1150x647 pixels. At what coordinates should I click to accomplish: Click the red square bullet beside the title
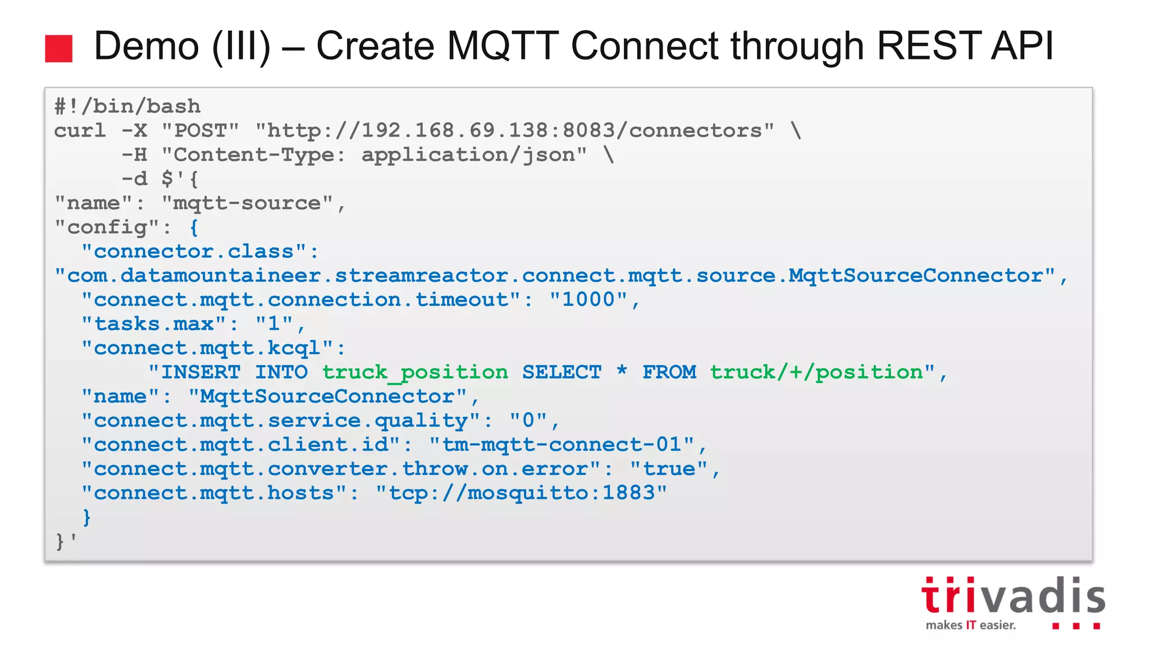pyautogui.click(x=58, y=48)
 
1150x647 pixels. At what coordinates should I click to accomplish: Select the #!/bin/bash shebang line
pyautogui.click(x=127, y=106)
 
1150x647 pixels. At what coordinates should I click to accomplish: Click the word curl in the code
pyautogui.click(x=80, y=130)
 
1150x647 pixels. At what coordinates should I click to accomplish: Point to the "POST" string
pyautogui.click(x=200, y=130)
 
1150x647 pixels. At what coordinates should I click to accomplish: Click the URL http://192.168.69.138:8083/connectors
pyautogui.click(x=514, y=130)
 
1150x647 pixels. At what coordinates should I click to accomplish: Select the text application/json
pyautogui.click(x=468, y=154)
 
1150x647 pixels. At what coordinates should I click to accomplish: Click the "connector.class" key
pyautogui.click(x=194, y=251)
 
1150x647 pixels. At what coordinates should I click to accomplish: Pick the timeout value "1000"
pyautogui.click(x=588, y=299)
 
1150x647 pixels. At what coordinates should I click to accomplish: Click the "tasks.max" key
pyautogui.click(x=154, y=323)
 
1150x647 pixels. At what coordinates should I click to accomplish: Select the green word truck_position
pyautogui.click(x=415, y=372)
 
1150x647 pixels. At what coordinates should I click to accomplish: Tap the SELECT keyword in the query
pyautogui.click(x=562, y=372)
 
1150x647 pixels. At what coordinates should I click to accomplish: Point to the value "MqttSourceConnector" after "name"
pyautogui.click(x=327, y=396)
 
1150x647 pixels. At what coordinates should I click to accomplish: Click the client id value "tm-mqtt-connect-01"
pyautogui.click(x=562, y=444)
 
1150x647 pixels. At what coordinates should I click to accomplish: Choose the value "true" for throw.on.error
pyautogui.click(x=668, y=468)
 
